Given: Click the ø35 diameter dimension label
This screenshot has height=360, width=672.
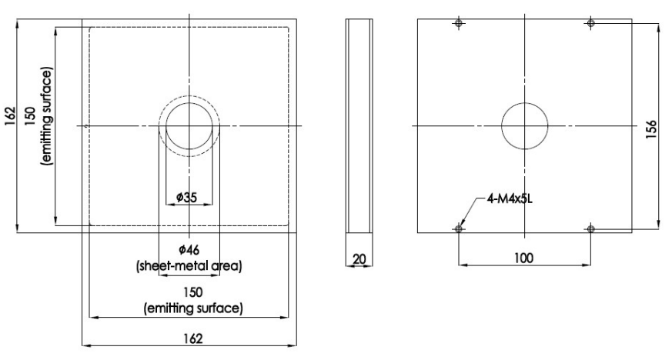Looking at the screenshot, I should pyautogui.click(x=189, y=198).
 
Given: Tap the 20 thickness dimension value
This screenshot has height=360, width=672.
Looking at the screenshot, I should pyautogui.click(x=359, y=259).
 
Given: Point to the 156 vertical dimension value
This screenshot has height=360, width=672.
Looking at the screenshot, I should pyautogui.click(x=650, y=126).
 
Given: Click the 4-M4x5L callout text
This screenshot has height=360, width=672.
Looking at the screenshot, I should pyautogui.click(x=510, y=198).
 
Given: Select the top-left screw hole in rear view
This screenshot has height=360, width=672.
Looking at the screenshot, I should pyautogui.click(x=458, y=24).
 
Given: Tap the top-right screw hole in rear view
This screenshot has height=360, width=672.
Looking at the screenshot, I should pyautogui.click(x=590, y=24).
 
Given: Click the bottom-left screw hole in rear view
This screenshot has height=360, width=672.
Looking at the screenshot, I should pyautogui.click(x=458, y=228).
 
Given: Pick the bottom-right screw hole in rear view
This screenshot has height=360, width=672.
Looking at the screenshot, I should pyautogui.click(x=590, y=228).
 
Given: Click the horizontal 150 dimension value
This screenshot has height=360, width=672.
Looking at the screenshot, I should pyautogui.click(x=189, y=294).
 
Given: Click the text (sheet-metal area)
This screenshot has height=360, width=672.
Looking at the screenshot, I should pyautogui.click(x=189, y=266).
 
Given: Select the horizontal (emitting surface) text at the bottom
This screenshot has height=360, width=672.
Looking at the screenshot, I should pyautogui.click(x=189, y=309).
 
